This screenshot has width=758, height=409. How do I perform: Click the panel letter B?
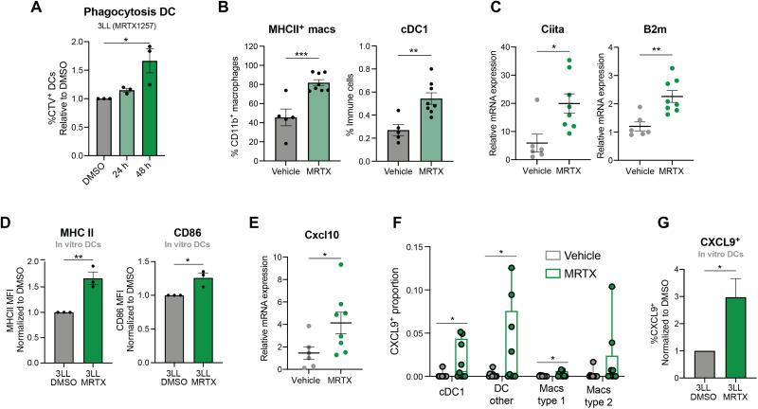pos(221,12)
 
